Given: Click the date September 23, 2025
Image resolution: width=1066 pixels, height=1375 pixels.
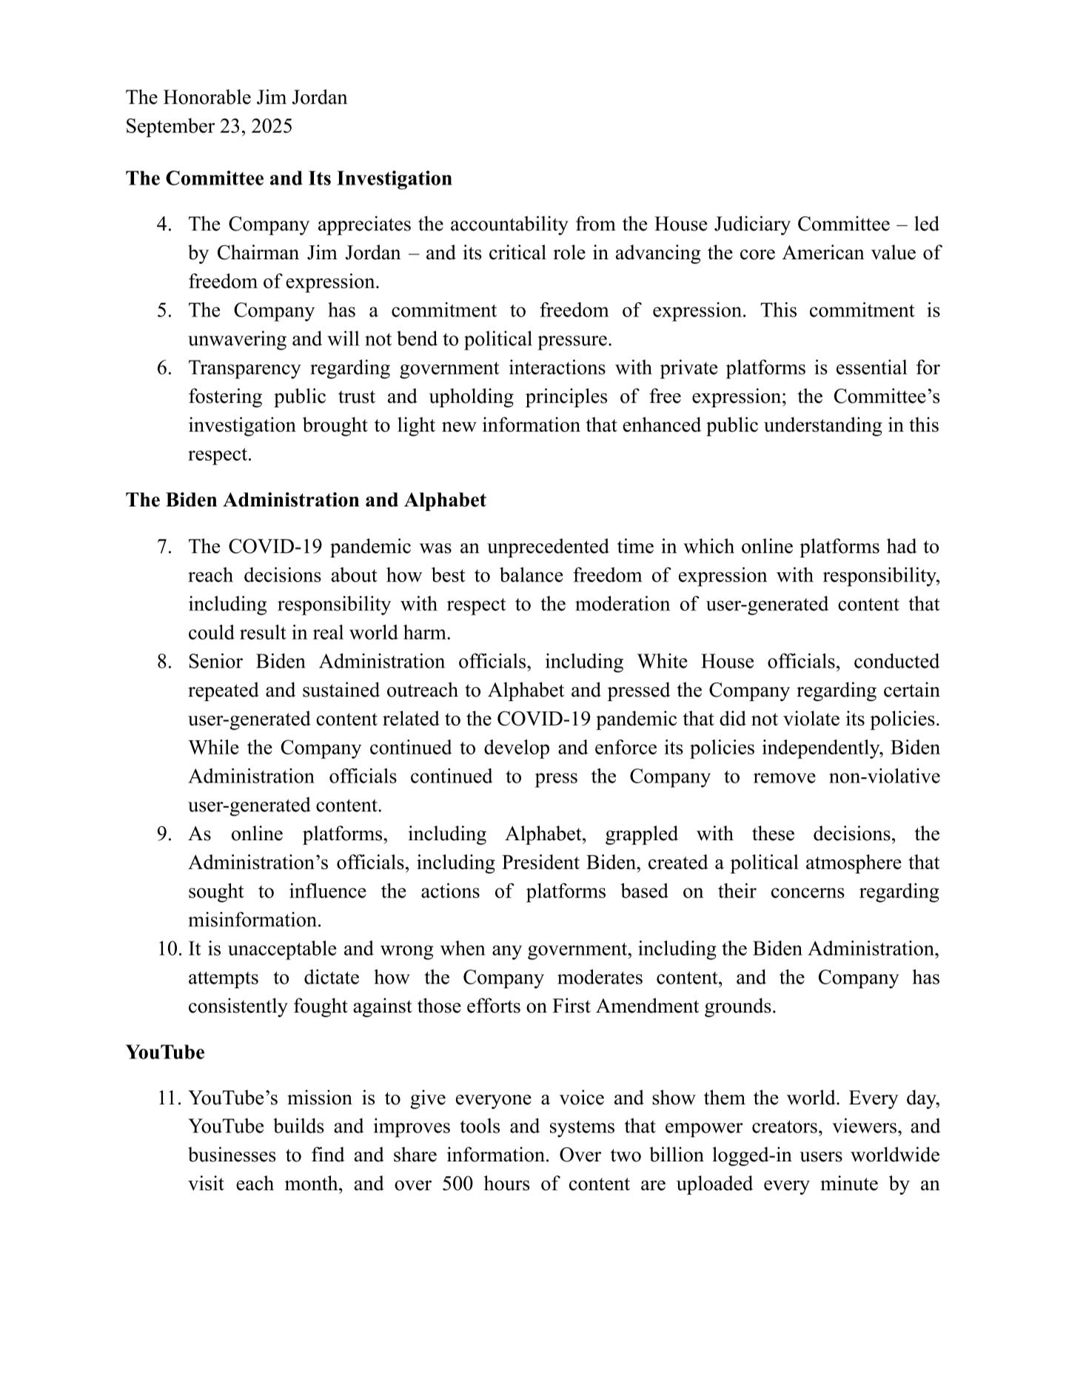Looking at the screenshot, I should click(209, 126).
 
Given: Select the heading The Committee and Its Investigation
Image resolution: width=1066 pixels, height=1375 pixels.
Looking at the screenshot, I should click(289, 178).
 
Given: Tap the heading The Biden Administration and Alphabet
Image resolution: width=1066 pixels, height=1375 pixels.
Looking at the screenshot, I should click(306, 500).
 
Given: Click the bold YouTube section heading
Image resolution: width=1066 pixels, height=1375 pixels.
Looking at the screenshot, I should click(165, 1052).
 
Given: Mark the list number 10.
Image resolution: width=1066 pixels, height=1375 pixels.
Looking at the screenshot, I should click(168, 949).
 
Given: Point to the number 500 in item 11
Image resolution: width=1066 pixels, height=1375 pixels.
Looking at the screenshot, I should click(457, 1184).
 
